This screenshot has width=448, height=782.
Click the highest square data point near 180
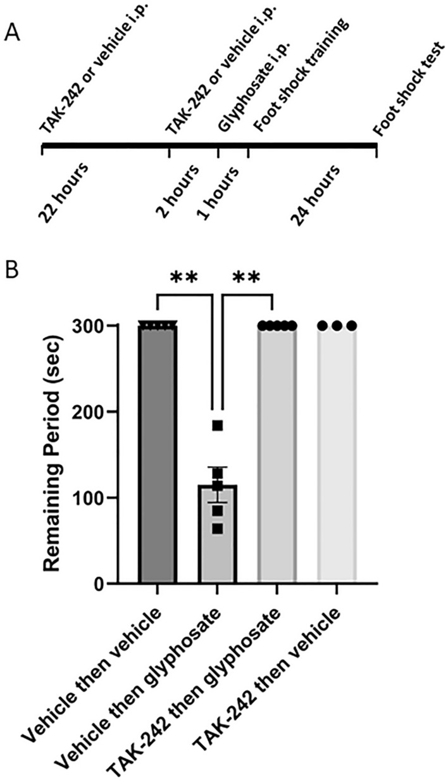pos(218,426)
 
